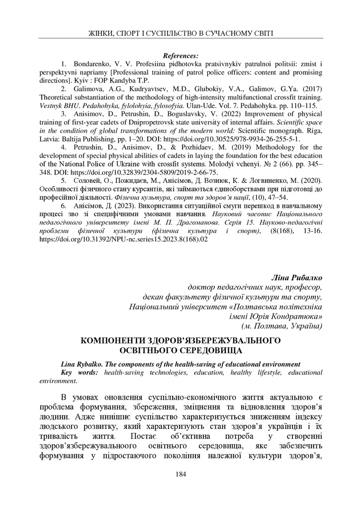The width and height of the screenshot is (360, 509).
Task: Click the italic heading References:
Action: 180,55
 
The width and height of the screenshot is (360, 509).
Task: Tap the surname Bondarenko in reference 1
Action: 92,65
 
